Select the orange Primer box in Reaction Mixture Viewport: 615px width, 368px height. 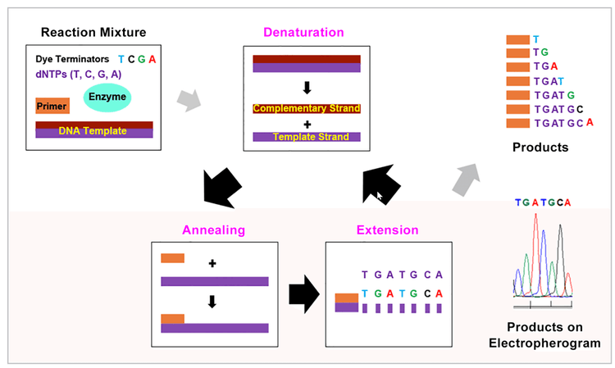52,106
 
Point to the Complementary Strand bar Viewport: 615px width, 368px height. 307,108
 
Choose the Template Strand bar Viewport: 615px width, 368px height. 307,137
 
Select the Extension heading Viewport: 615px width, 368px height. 388,230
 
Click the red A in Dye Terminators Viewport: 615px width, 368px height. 153,60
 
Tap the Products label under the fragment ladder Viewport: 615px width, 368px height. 540,148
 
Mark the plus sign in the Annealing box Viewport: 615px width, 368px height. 212,264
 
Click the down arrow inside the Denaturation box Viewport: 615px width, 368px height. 307,86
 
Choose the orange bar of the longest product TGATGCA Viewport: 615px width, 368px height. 517,123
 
